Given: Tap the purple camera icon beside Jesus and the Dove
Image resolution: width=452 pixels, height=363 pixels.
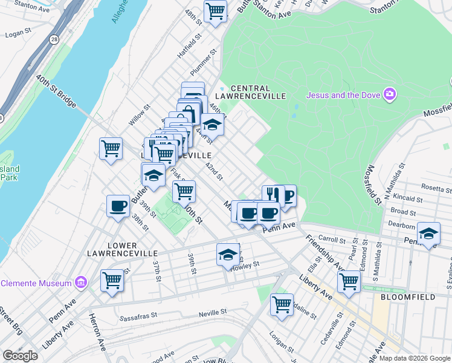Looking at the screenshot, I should [x=390, y=94].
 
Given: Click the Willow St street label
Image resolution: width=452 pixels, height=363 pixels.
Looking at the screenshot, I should [x=138, y=115].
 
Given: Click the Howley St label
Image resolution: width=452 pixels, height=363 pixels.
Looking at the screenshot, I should [x=245, y=264].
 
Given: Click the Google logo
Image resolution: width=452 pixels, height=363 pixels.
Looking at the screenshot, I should [x=20, y=355].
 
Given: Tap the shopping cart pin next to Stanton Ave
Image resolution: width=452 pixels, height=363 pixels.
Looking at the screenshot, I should [x=215, y=11].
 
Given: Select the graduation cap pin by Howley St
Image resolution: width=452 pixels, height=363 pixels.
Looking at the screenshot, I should [x=228, y=255].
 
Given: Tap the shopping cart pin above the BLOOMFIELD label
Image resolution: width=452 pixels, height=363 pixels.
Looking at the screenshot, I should [x=349, y=281].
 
